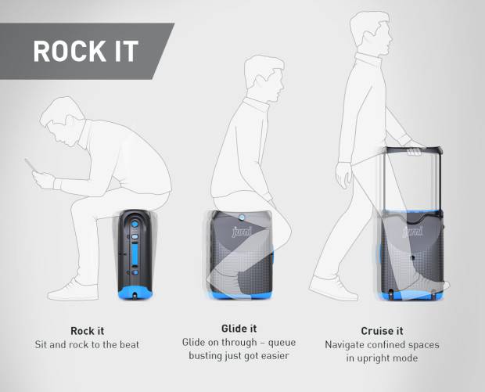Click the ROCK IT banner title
pyautogui.click(x=85, y=52)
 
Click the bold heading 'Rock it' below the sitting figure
pyautogui.click(x=88, y=331)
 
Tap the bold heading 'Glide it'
pyautogui.click(x=239, y=329)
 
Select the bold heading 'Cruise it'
pyautogui.click(x=382, y=331)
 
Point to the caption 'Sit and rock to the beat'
pyautogui.click(x=87, y=345)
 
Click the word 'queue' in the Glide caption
pyautogui.click(x=282, y=343)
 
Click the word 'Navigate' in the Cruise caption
pyautogui.click(x=343, y=345)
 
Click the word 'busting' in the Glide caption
pyautogui.click(x=204, y=356)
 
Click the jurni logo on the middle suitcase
pyautogui.click(x=242, y=231)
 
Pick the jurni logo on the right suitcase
pyautogui.click(x=413, y=231)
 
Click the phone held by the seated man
pyautogui.click(x=31, y=165)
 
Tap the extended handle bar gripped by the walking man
pyautogui.click(x=413, y=151)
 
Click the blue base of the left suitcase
pyautogui.click(x=135, y=293)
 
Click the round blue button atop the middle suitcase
pyautogui.click(x=242, y=218)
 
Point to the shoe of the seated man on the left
pyautogui.click(x=73, y=290)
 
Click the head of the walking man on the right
pyautogui.click(x=371, y=31)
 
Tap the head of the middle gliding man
pyautogui.click(x=264, y=78)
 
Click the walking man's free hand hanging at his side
pyautogui.click(x=344, y=175)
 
